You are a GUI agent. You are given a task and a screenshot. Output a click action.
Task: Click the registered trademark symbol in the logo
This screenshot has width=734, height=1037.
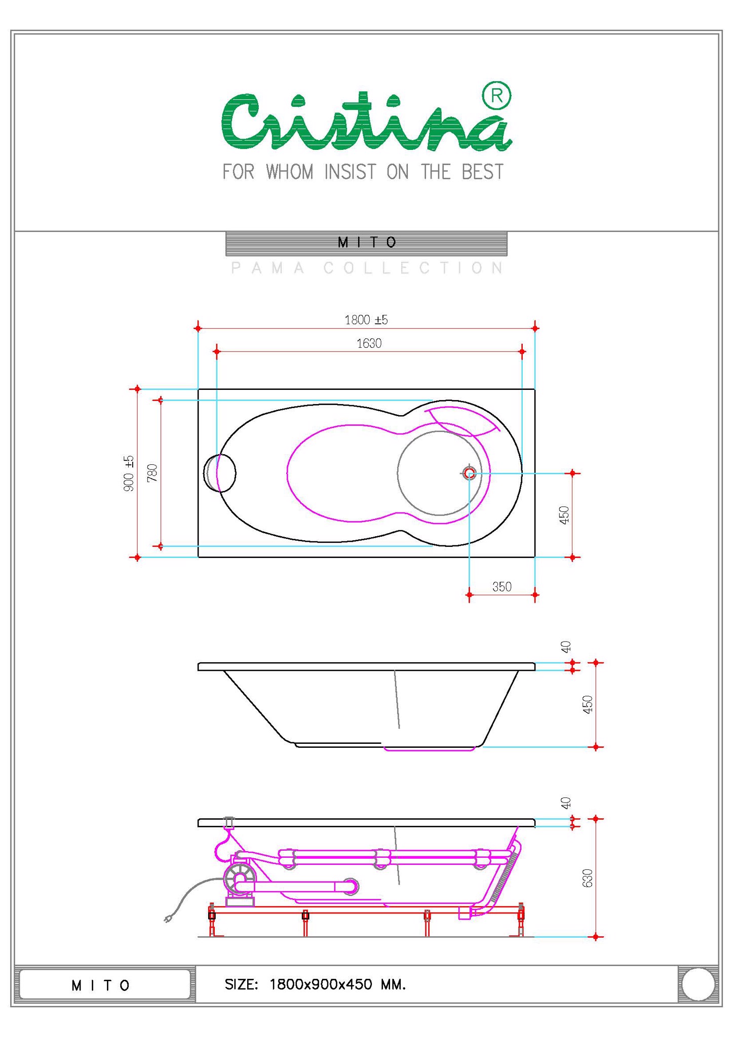pyautogui.click(x=496, y=96)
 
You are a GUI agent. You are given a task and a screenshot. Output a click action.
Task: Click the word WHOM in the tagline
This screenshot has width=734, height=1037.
pyautogui.click(x=290, y=172)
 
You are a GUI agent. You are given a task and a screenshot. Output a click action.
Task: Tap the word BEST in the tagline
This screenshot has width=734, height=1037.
pyautogui.click(x=482, y=172)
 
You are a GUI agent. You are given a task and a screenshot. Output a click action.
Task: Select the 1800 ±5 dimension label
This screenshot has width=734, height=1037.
pyautogui.click(x=366, y=320)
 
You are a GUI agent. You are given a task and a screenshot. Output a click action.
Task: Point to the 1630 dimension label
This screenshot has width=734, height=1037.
pyautogui.click(x=369, y=344)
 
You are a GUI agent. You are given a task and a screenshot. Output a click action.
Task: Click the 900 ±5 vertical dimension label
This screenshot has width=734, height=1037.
pyautogui.click(x=129, y=473)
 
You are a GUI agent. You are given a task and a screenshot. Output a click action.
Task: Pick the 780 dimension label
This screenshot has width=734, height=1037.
pyautogui.click(x=152, y=473)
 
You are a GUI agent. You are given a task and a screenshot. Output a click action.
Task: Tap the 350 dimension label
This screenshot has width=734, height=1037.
pyautogui.click(x=502, y=587)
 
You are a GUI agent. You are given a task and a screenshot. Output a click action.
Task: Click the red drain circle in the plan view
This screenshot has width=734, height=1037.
pyautogui.click(x=470, y=473)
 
